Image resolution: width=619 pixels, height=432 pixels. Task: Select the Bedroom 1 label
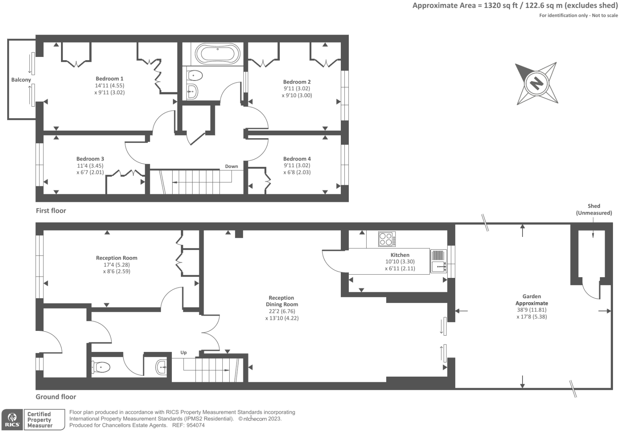tap(110, 79)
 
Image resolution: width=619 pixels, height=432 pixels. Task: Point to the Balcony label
tap(21, 80)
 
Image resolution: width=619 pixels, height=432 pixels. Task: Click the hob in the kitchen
tap(387, 239)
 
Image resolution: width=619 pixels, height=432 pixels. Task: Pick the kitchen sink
tap(438, 267)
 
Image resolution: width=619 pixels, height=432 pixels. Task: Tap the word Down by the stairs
tap(231, 166)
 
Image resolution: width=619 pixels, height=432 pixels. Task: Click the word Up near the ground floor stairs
tap(183, 352)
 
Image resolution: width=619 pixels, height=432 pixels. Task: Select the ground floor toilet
tap(101, 367)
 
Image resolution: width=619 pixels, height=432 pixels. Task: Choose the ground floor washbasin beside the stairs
tap(161, 367)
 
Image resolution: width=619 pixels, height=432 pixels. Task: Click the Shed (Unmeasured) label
tap(594, 209)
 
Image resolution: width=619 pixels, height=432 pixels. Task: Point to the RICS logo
tap(12, 420)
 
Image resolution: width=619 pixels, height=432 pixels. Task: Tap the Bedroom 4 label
tap(297, 159)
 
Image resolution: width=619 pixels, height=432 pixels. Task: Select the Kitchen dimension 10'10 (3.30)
tap(400, 262)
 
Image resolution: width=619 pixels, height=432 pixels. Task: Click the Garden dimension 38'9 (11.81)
tap(532, 310)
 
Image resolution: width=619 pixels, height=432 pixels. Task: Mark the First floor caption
tap(51, 211)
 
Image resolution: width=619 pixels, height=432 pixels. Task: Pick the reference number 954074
tap(195, 425)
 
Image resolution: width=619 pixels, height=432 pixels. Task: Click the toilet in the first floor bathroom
tap(195, 75)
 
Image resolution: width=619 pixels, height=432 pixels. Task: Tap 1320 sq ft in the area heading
tap(501, 6)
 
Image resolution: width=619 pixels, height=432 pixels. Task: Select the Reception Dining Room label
tap(282, 301)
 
